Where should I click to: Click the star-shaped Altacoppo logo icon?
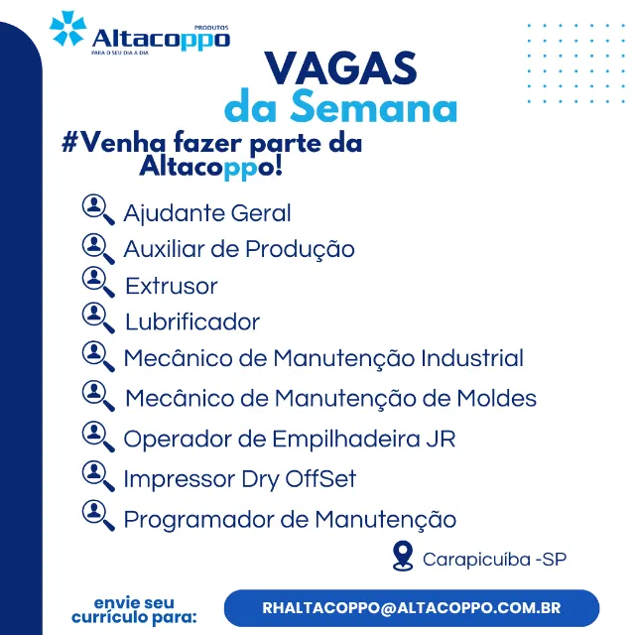tap(67, 29)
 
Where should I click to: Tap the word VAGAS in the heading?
tap(340, 68)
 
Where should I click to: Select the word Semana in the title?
tap(374, 106)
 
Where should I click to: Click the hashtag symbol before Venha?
tap(69, 143)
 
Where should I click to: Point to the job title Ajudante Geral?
tap(207, 213)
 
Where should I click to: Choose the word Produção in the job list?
tap(300, 249)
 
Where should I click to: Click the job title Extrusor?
tap(172, 286)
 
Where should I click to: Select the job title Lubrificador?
tap(192, 321)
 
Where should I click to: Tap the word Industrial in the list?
tap(472, 358)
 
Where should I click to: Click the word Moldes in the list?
tap(497, 398)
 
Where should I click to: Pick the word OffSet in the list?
tap(320, 478)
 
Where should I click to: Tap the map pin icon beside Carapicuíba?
tap(403, 556)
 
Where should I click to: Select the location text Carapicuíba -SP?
tap(494, 560)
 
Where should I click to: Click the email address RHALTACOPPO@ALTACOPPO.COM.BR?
tap(412, 608)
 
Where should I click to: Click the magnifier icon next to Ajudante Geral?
tap(98, 209)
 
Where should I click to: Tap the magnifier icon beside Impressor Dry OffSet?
tap(98, 475)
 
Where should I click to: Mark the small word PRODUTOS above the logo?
tap(211, 28)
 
